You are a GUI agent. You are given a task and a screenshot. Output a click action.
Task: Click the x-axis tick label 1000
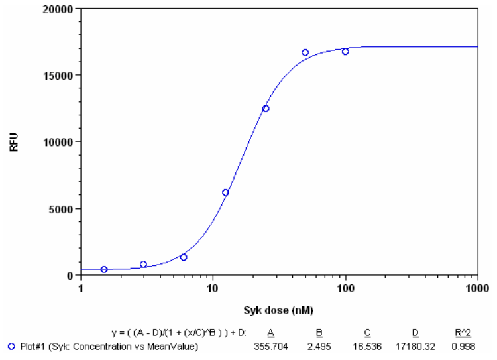[477, 288]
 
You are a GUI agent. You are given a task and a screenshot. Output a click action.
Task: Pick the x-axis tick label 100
[345, 288]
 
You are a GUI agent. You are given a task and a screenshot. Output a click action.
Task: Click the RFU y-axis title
[14, 142]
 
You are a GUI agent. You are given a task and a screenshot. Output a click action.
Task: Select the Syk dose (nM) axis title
[278, 310]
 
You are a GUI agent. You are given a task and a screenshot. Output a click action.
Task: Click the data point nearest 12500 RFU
[266, 108]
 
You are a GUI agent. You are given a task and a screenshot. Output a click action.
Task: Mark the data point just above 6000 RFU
[225, 192]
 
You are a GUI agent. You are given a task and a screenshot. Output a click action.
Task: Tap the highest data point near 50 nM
[305, 52]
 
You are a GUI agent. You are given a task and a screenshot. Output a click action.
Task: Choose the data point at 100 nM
[345, 51]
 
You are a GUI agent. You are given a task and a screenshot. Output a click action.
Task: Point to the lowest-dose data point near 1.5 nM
[104, 269]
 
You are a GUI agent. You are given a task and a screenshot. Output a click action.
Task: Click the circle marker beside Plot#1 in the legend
[11, 346]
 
